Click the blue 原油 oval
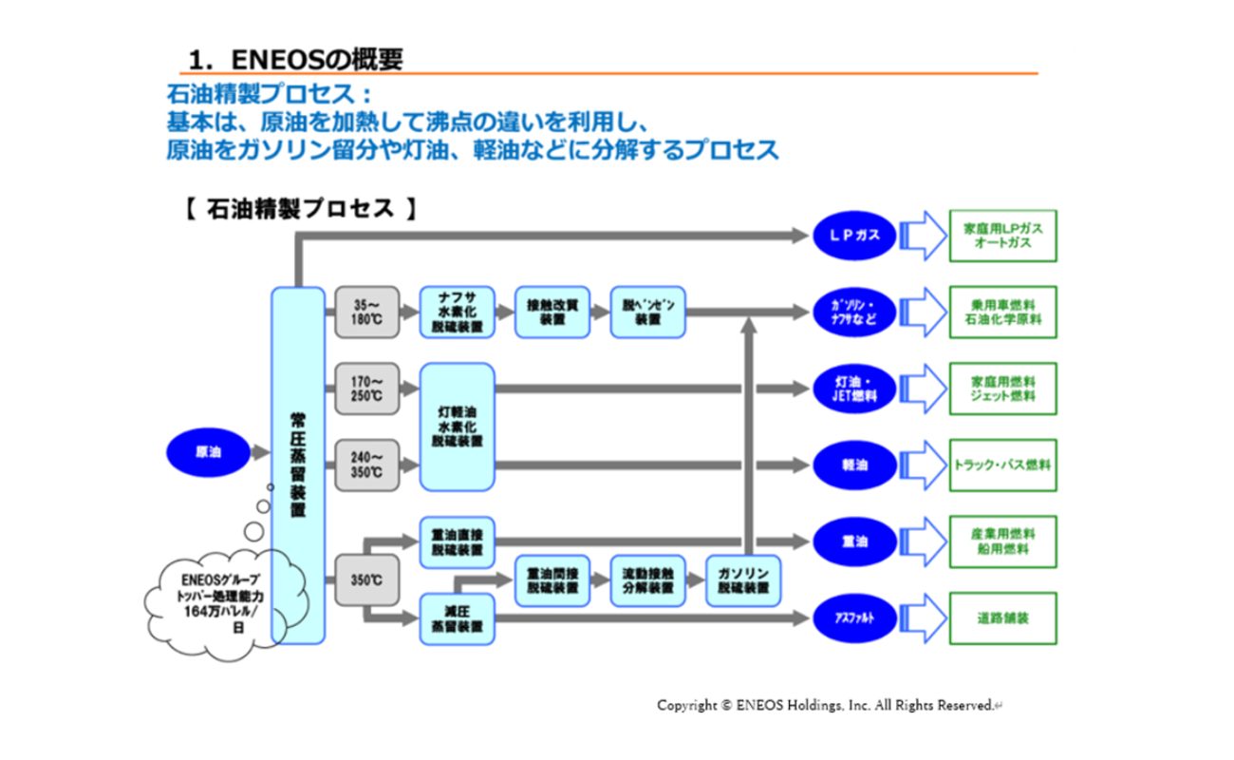[x=208, y=453]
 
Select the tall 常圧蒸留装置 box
[x=297, y=465]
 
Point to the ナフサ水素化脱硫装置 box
[x=457, y=313]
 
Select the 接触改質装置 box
[x=552, y=313]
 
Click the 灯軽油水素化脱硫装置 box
[x=457, y=427]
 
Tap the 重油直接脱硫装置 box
[x=457, y=542]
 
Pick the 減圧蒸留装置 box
[x=457, y=618]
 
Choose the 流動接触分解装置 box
[x=647, y=580]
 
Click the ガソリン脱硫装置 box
[x=743, y=580]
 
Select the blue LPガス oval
[x=854, y=235]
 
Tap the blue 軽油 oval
[x=854, y=465]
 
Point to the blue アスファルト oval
[x=854, y=618]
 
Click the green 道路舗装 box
[x=1002, y=618]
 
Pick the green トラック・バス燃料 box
[x=1002, y=465]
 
